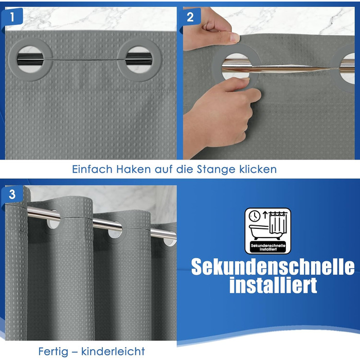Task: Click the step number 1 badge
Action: [12, 16]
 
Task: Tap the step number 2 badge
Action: [190, 17]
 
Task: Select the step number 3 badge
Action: [12, 194]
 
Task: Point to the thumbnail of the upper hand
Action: [235, 38]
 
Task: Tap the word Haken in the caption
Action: [133, 169]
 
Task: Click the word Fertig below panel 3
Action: [53, 351]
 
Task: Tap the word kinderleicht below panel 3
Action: [113, 351]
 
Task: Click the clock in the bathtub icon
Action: [255, 216]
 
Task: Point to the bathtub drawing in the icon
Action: [259, 232]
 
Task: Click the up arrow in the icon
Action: [265, 215]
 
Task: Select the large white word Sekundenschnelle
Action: [273, 267]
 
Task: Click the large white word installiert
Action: [273, 285]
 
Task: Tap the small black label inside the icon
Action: [268, 247]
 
